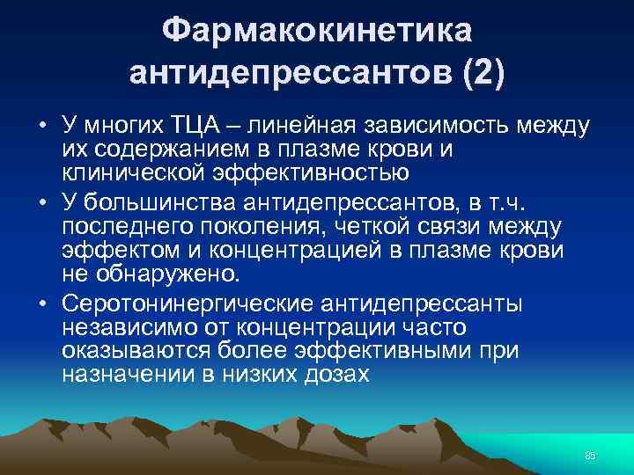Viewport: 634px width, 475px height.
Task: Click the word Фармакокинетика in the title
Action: [x=317, y=32]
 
